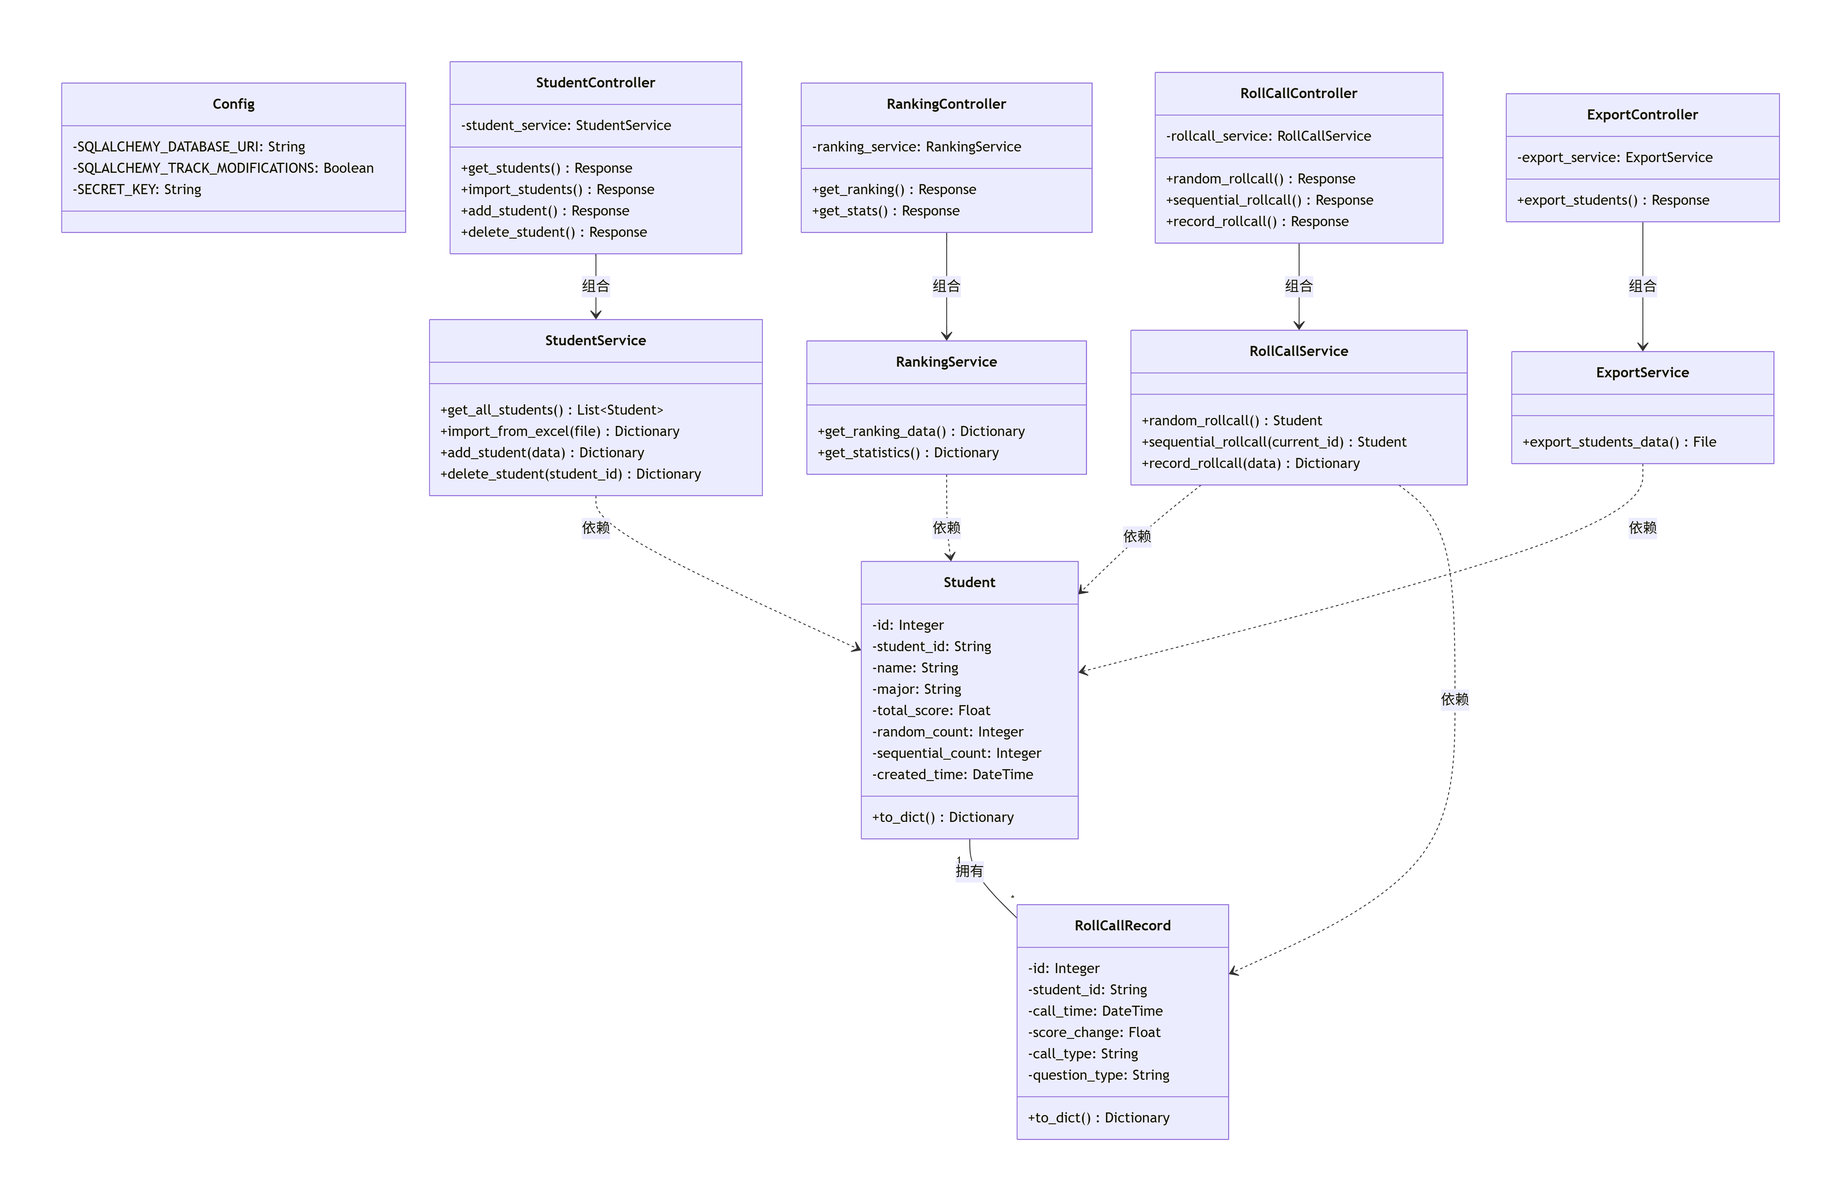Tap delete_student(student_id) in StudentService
570,474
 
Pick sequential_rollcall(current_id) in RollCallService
1273,442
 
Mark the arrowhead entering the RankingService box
946,336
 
